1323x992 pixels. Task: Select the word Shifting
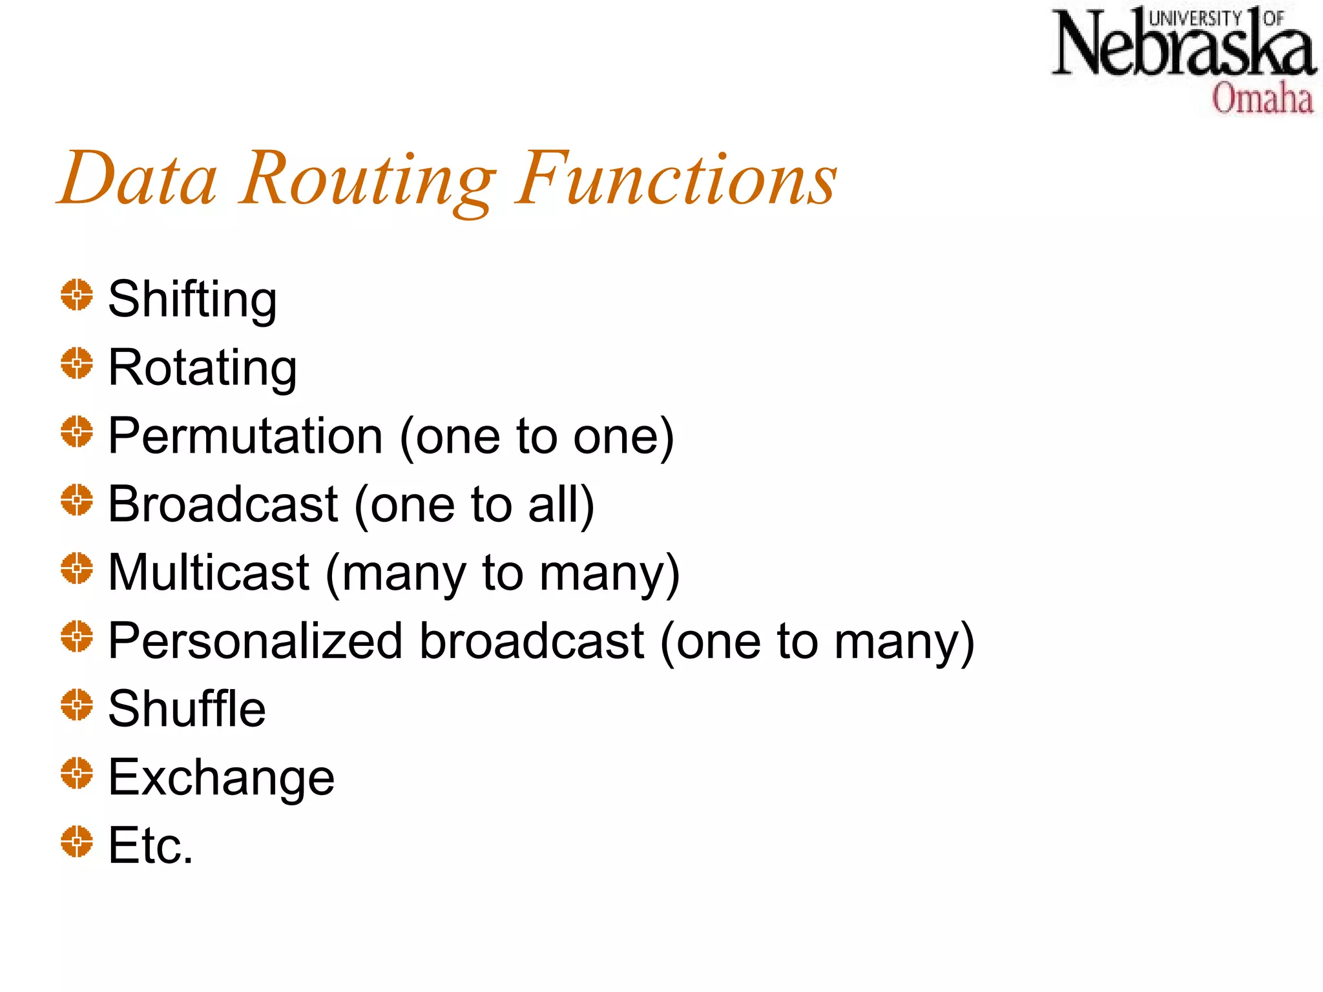[x=193, y=300]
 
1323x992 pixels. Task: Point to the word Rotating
[x=202, y=368]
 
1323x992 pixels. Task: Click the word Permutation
[x=245, y=437]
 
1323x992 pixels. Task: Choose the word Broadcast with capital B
[x=223, y=505]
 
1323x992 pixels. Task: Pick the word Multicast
[x=209, y=573]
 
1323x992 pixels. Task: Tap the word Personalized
[x=255, y=642]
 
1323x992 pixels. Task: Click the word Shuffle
[x=187, y=710]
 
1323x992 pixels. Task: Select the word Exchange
[x=221, y=778]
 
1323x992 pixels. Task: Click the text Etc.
[x=151, y=846]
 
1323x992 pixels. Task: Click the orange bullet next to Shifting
[x=77, y=295]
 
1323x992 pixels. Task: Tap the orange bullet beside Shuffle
[x=77, y=705]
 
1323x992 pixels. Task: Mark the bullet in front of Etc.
[x=77, y=842]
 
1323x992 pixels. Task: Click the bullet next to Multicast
[x=77, y=568]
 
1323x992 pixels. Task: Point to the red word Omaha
[x=1262, y=99]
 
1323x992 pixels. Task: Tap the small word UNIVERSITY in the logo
[x=1194, y=19]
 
